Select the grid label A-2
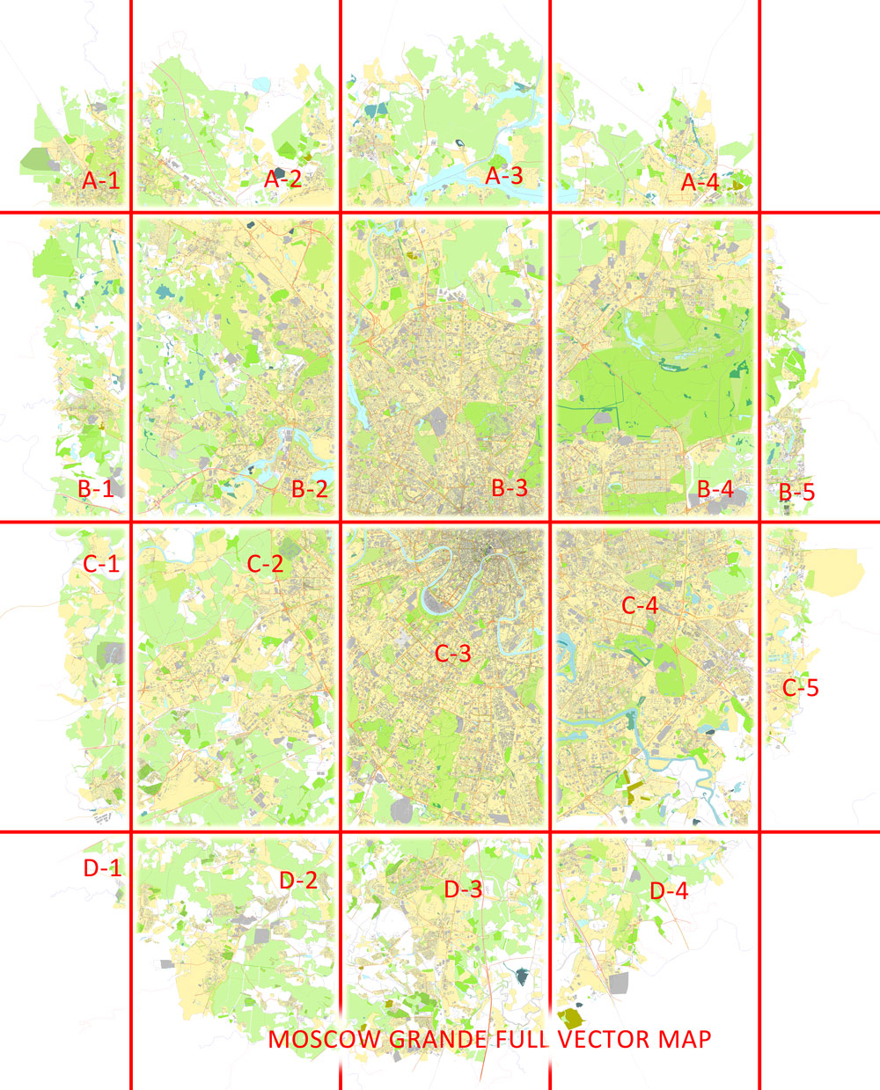pyautogui.click(x=283, y=179)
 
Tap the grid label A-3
pyautogui.click(x=505, y=175)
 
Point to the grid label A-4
pyautogui.click(x=700, y=182)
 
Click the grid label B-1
pyautogui.click(x=96, y=488)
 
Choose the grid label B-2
pyautogui.click(x=310, y=489)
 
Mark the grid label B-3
pyautogui.click(x=510, y=487)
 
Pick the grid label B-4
pyautogui.click(x=715, y=489)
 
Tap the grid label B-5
pyautogui.click(x=796, y=492)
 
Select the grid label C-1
pyautogui.click(x=101, y=564)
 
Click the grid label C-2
pyautogui.click(x=266, y=564)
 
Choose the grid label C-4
pyautogui.click(x=640, y=605)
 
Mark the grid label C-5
pyautogui.click(x=801, y=687)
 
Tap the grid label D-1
pyautogui.click(x=102, y=867)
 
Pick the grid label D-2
pyautogui.click(x=298, y=879)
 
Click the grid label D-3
pyautogui.click(x=463, y=889)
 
